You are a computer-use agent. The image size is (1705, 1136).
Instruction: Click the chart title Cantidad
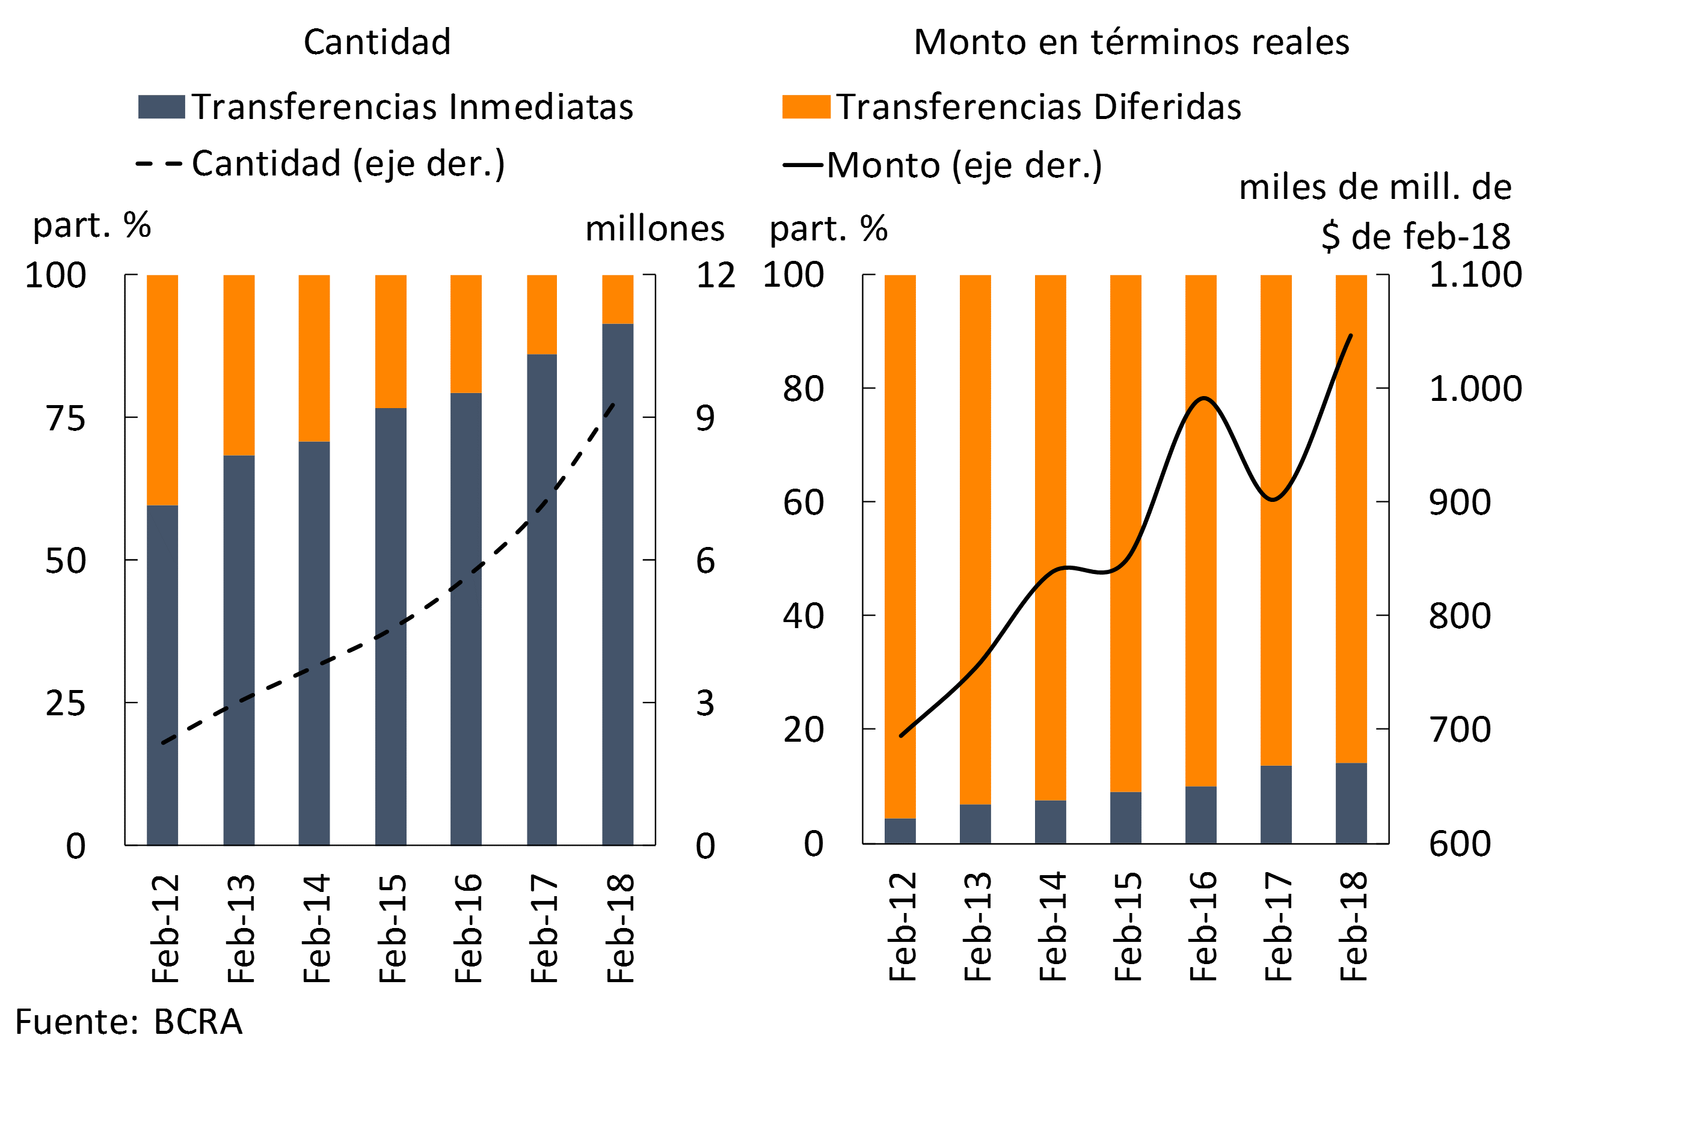click(377, 42)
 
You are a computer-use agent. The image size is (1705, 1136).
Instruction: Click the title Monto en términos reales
click(1131, 42)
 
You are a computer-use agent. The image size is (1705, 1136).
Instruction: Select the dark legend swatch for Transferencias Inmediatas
click(161, 106)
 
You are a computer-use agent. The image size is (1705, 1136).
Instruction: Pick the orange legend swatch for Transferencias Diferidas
click(805, 106)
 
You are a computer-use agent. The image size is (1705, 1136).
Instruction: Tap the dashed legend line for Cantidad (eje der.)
click(159, 163)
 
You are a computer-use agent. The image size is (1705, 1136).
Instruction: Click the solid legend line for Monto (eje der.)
click(802, 165)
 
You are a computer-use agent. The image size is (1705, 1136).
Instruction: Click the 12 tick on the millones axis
click(716, 275)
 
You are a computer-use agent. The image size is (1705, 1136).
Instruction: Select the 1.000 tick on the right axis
click(1475, 389)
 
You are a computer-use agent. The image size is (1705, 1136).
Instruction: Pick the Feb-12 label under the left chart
click(165, 929)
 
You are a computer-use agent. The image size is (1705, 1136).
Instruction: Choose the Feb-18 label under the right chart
click(1353, 927)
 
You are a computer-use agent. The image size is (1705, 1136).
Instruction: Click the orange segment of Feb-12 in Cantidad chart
click(162, 389)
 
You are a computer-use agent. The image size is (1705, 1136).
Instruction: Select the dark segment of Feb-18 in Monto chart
click(1351, 803)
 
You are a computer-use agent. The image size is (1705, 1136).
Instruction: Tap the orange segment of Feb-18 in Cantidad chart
click(618, 299)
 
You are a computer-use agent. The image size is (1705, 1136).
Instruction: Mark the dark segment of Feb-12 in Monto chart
click(900, 831)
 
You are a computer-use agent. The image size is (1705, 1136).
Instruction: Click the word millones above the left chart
click(654, 229)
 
